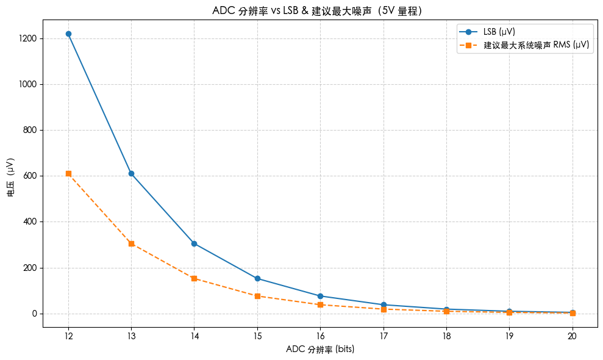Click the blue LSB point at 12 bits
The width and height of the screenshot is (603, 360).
(x=68, y=34)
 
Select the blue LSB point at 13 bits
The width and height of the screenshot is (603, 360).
(x=131, y=174)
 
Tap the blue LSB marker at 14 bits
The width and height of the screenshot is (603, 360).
(x=194, y=243)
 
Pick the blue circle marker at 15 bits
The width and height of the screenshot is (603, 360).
(x=257, y=278)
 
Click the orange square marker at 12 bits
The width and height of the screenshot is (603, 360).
(x=68, y=174)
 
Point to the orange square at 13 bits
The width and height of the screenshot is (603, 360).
(x=131, y=243)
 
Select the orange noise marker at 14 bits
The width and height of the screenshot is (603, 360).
(x=194, y=278)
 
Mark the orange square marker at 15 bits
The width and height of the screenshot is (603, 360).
(x=257, y=296)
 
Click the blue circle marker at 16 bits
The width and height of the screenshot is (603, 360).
(x=320, y=296)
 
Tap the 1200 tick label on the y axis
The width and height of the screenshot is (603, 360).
(x=28, y=38)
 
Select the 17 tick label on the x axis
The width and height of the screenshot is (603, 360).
(x=383, y=336)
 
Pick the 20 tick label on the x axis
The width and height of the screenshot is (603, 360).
(x=572, y=336)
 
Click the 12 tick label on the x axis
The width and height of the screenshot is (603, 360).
(x=68, y=336)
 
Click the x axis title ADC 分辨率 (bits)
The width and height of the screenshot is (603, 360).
(x=320, y=350)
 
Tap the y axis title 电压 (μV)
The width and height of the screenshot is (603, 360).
(x=10, y=177)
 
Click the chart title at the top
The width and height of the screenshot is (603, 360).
(x=317, y=10)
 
